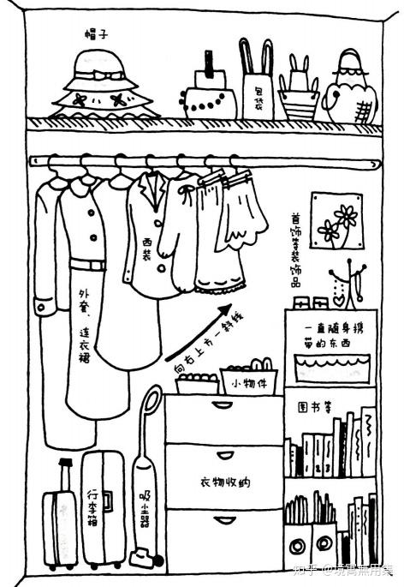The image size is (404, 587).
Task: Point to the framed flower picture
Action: [335, 219]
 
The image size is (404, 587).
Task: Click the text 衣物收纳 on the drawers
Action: [224, 482]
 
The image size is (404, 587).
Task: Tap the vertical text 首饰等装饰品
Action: [295, 249]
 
